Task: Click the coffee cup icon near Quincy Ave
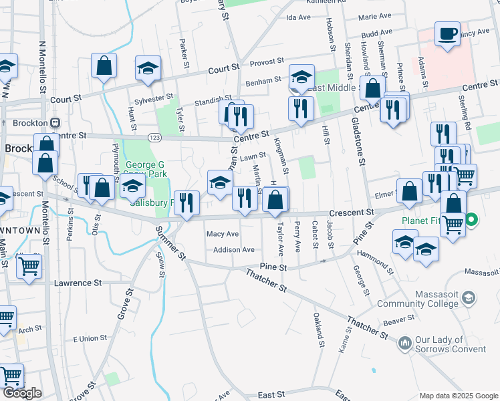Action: coord(447,33)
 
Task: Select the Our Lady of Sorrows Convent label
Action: coord(450,344)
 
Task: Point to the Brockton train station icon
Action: coord(55,123)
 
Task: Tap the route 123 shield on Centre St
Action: coord(155,137)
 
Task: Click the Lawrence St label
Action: coord(74,283)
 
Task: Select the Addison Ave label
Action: coord(234,249)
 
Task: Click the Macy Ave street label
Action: coord(223,234)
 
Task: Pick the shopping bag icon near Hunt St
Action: coord(104,66)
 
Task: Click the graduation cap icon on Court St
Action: coord(149,69)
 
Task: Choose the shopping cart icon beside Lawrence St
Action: coord(29,266)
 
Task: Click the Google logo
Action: coord(21,393)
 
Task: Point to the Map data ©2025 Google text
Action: coord(457,396)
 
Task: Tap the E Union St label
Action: coord(89,339)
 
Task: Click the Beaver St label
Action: coord(399,321)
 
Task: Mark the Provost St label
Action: coord(267,63)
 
